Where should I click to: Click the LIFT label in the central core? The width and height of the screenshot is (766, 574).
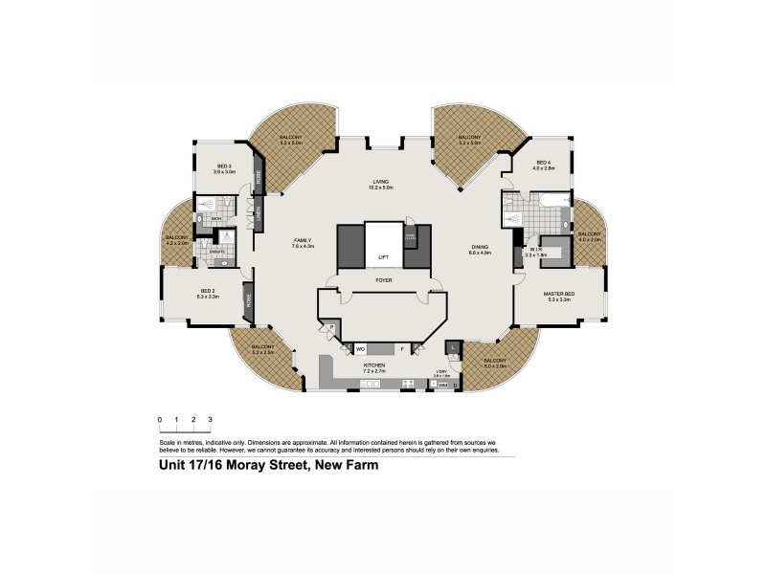[x=383, y=257]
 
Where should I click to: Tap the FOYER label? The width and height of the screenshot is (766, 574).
[x=383, y=280]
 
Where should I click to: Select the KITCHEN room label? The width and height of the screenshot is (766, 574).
[x=373, y=367]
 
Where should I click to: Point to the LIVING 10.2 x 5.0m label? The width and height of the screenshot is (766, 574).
[x=383, y=185]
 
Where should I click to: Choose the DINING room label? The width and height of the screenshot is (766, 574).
[x=480, y=251]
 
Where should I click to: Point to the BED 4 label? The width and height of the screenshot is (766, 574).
[x=545, y=165]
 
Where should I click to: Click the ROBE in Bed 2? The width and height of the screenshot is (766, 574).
[x=247, y=300]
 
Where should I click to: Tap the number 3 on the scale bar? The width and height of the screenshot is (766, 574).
[x=210, y=420]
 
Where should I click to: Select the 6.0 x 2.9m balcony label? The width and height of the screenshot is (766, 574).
[x=496, y=364]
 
